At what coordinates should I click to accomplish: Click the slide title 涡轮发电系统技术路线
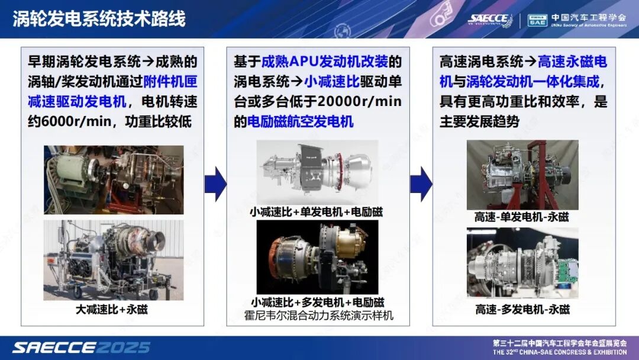(x=99, y=19)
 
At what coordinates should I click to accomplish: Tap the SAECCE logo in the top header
(x=490, y=20)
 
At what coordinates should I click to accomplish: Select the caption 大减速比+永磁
(x=112, y=310)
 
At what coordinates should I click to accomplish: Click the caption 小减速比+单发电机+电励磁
(x=317, y=212)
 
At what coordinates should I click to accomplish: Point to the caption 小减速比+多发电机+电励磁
(x=318, y=303)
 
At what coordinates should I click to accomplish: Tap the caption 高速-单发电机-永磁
(x=522, y=217)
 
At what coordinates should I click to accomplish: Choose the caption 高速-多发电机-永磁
(x=522, y=310)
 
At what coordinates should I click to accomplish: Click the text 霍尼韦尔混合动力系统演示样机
(x=319, y=316)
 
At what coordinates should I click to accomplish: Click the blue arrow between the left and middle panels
(x=215, y=184)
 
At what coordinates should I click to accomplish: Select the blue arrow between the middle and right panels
(x=421, y=184)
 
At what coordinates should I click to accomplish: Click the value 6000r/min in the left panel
(x=76, y=121)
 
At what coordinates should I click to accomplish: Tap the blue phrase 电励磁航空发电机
(x=301, y=121)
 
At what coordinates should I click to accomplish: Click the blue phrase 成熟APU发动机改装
(x=324, y=62)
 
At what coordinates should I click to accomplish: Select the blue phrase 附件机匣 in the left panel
(x=170, y=82)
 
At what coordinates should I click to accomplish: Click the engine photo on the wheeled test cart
(x=114, y=260)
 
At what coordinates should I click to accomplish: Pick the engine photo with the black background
(x=318, y=257)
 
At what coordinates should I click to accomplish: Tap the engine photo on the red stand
(x=522, y=175)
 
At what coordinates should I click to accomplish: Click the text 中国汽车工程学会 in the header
(x=589, y=17)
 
